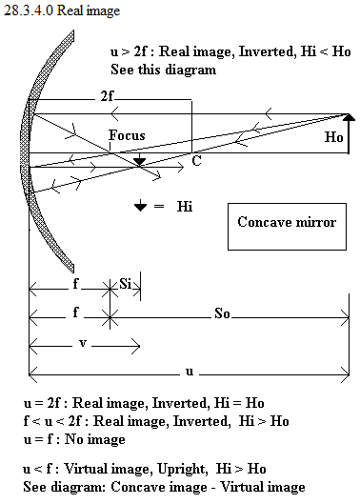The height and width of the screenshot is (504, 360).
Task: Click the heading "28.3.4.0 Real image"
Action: pyautogui.click(x=62, y=10)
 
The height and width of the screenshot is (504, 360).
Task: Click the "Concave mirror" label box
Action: pyautogui.click(x=287, y=227)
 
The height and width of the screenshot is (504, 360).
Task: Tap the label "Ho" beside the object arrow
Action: pyautogui.click(x=334, y=137)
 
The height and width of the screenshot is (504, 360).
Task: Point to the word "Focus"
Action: pyautogui.click(x=127, y=135)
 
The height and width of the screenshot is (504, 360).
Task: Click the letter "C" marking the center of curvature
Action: pyautogui.click(x=196, y=160)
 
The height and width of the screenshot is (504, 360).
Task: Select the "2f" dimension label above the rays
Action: pyautogui.click(x=107, y=96)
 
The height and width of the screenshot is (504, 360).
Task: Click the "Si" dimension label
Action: pyautogui.click(x=125, y=284)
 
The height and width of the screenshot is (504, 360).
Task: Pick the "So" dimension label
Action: pyautogui.click(x=222, y=313)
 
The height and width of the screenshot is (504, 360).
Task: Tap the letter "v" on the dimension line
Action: pyautogui.click(x=83, y=343)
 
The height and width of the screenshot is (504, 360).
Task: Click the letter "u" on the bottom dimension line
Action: pyautogui.click(x=190, y=372)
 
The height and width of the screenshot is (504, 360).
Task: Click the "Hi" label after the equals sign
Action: pyautogui.click(x=185, y=207)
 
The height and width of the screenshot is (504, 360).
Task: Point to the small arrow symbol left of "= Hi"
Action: pyautogui.click(x=140, y=206)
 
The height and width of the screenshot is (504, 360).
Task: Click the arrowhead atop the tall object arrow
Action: pyautogui.click(x=349, y=117)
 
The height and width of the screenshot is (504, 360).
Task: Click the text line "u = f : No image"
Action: pyautogui.click(x=74, y=439)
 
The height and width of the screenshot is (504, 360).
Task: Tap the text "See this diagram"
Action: pyautogui.click(x=163, y=70)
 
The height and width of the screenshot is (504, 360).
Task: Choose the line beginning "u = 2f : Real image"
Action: pyautogui.click(x=144, y=403)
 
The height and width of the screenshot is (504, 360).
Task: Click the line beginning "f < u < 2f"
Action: pyautogui.click(x=156, y=421)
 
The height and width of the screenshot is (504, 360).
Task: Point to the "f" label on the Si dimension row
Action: pyautogui.click(x=75, y=284)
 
